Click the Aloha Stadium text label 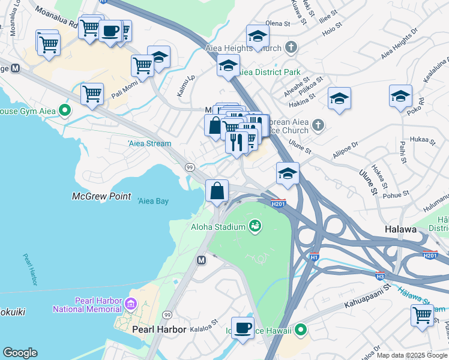click(218, 226)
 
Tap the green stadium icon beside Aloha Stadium click(255, 226)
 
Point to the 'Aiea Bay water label click(153, 201)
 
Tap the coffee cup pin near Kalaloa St click(243, 328)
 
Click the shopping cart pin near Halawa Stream click(423, 314)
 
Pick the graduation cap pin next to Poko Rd click(400, 96)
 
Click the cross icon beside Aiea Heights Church click(291, 47)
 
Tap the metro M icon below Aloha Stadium click(202, 260)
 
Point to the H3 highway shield click(380, 276)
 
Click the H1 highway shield click(314, 257)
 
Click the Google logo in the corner click(20, 353)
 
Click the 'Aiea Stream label click(149, 143)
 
